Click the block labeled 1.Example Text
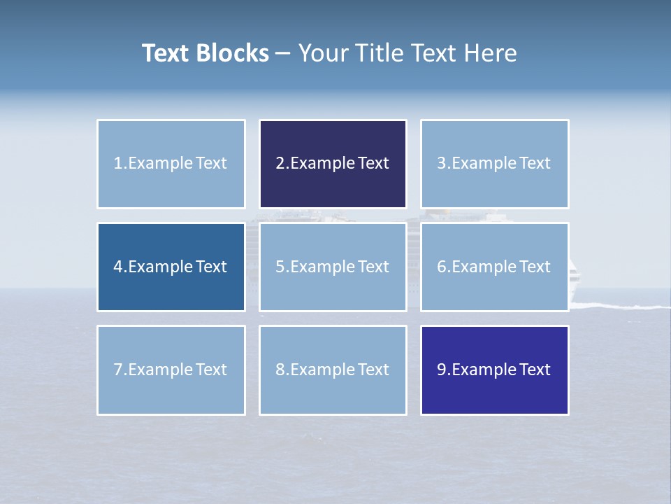tap(171, 164)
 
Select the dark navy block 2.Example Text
tap(333, 164)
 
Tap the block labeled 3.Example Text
tap(494, 164)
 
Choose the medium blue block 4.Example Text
tap(171, 267)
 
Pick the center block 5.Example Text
tap(333, 267)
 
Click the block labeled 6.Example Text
tap(494, 267)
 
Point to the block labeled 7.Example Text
tap(171, 370)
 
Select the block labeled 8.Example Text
tap(333, 370)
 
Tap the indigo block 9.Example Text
tap(494, 370)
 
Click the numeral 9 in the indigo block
tap(442, 370)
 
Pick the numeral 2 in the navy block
tap(280, 164)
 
